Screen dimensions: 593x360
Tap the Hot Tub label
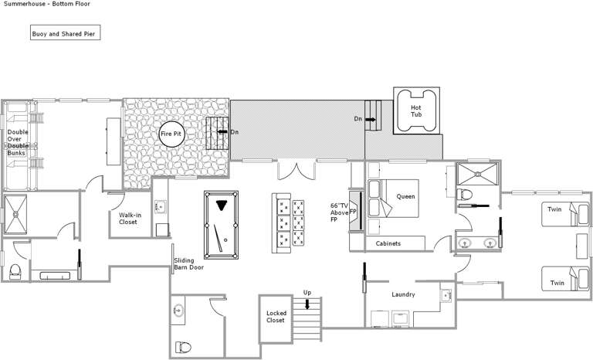coord(416,111)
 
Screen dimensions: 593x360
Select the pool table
coord(222,225)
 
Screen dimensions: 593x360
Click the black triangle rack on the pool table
coord(222,205)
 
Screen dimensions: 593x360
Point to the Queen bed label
coord(406,196)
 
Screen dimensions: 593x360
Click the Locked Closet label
coord(276,317)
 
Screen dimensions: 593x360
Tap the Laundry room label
coord(403,294)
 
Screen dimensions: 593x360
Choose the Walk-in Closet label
coord(130,219)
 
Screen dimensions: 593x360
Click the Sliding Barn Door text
coord(188,264)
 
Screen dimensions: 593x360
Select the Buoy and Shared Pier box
coord(65,32)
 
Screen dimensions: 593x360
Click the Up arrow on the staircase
coord(307,304)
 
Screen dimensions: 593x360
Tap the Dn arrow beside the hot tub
coord(371,119)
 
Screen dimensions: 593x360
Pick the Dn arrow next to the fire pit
coord(222,132)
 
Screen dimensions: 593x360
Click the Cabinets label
coord(388,243)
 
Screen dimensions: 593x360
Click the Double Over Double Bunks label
coord(18,142)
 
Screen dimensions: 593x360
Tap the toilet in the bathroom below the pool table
coord(183,347)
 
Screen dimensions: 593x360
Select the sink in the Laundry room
coord(446,295)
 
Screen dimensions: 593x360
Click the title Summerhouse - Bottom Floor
coord(47,4)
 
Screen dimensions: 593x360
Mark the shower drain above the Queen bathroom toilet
coord(478,174)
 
